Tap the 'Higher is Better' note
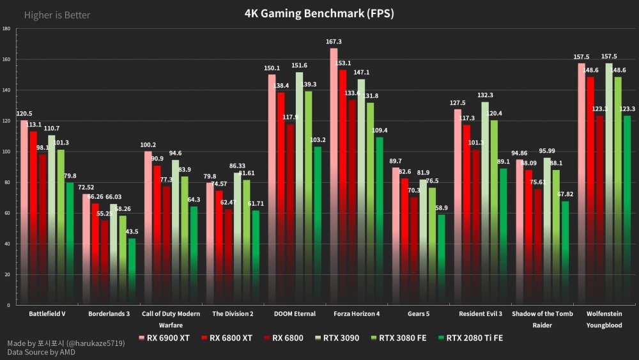pos(57,15)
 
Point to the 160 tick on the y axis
pos(6,59)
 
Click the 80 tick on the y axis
pos(6,182)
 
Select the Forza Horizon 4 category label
pos(357,314)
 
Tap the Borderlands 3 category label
pos(109,314)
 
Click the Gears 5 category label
pos(419,314)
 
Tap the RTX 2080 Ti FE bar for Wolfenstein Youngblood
pos(627,211)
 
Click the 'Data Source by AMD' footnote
pos(40,352)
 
